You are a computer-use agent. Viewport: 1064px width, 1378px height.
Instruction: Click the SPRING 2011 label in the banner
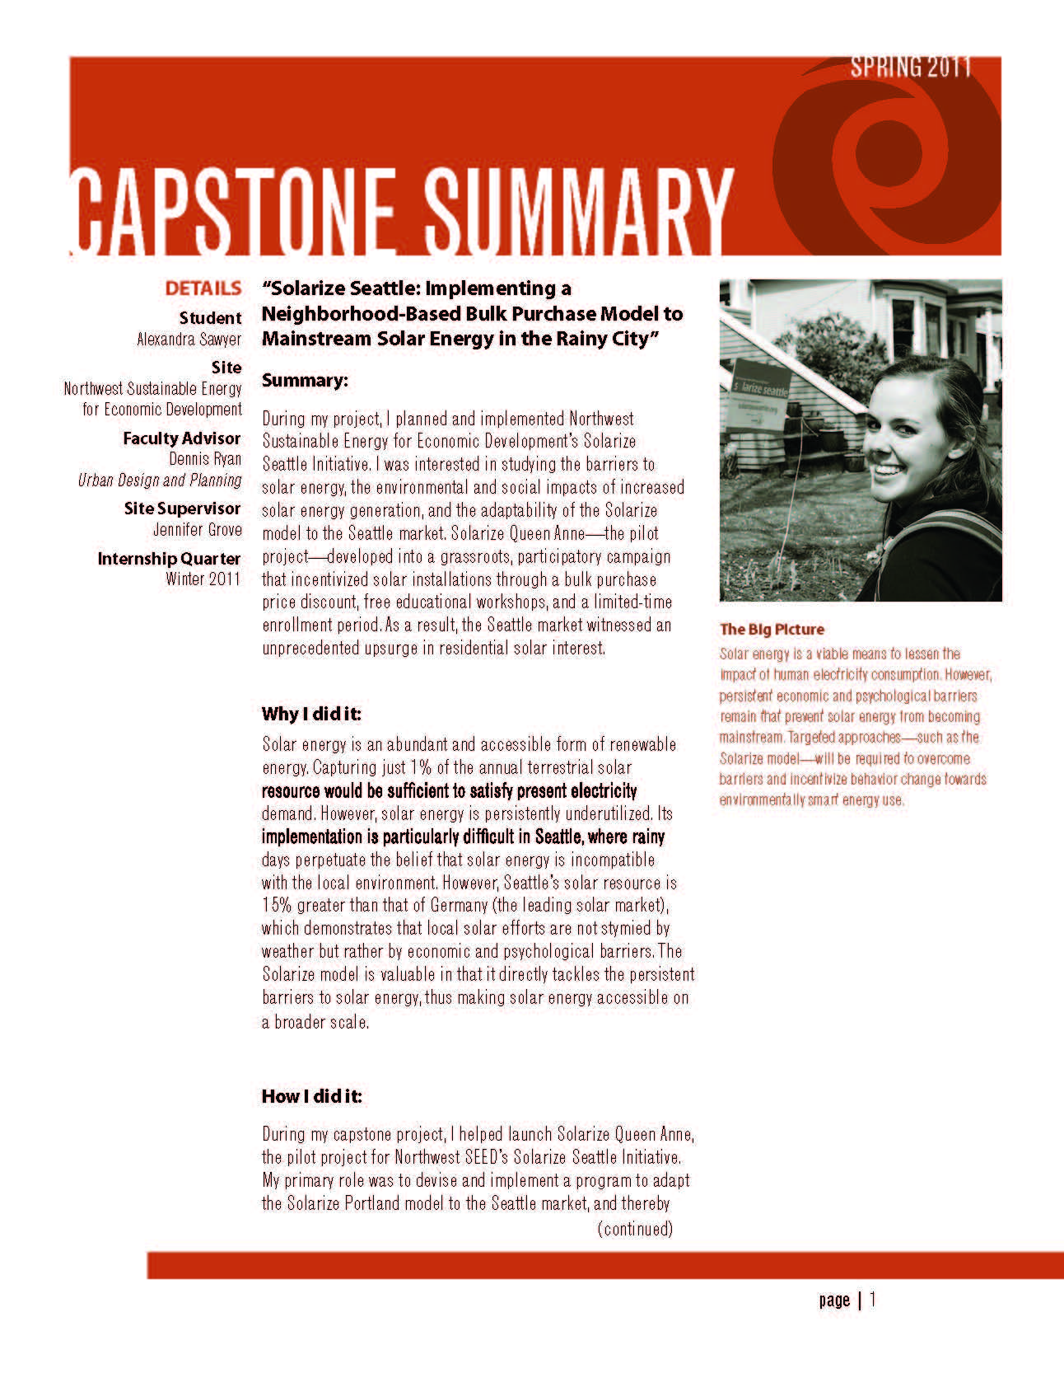click(x=911, y=67)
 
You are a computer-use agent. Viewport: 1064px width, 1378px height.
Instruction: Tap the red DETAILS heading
click(x=203, y=288)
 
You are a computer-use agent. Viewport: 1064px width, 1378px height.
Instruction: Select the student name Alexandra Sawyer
click(x=189, y=339)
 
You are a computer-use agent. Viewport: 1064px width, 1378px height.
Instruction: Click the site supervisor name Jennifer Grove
click(x=197, y=529)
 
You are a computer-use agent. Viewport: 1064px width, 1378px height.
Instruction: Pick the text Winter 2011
click(x=203, y=579)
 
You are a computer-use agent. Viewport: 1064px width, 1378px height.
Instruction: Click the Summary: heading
click(x=305, y=381)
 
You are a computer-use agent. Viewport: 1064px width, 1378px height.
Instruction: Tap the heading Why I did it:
click(x=311, y=714)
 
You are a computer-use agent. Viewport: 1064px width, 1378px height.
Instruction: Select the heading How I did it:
click(x=311, y=1096)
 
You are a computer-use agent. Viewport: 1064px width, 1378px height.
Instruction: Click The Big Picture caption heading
click(x=772, y=630)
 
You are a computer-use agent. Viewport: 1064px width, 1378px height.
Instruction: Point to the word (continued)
click(x=635, y=1229)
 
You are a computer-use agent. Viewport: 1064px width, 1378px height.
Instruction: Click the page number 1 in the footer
click(x=873, y=1300)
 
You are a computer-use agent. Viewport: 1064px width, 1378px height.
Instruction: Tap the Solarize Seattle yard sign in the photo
click(x=758, y=387)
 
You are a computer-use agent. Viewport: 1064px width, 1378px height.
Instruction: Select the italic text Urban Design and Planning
click(x=160, y=480)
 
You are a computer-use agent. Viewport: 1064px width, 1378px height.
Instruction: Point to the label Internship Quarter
click(x=169, y=559)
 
